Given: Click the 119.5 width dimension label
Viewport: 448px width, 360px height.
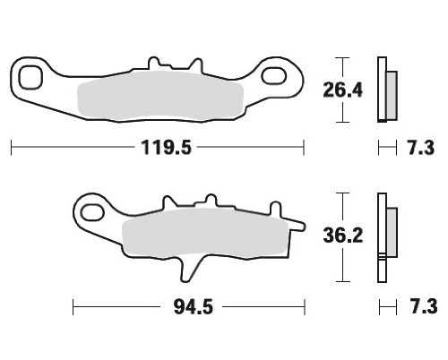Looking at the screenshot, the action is click(166, 148).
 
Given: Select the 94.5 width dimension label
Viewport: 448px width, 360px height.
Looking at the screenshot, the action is click(194, 307).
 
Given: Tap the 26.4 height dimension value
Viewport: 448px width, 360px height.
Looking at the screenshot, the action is click(343, 90).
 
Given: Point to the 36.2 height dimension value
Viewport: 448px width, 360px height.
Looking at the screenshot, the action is click(343, 236).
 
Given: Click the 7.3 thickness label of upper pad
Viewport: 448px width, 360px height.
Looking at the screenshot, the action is click(421, 148).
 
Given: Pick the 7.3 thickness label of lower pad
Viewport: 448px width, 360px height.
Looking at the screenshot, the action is click(424, 306).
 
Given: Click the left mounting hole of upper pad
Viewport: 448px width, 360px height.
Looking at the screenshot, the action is click(30, 77).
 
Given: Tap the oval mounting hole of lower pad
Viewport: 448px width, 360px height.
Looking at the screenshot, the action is click(92, 213).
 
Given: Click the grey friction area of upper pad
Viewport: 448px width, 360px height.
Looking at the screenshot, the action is click(160, 96).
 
